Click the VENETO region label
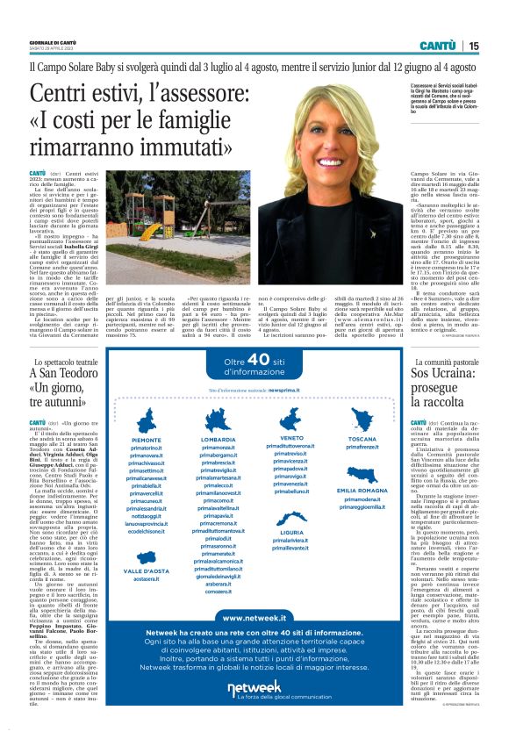tap(292, 437)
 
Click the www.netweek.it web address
tap(254, 617)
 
